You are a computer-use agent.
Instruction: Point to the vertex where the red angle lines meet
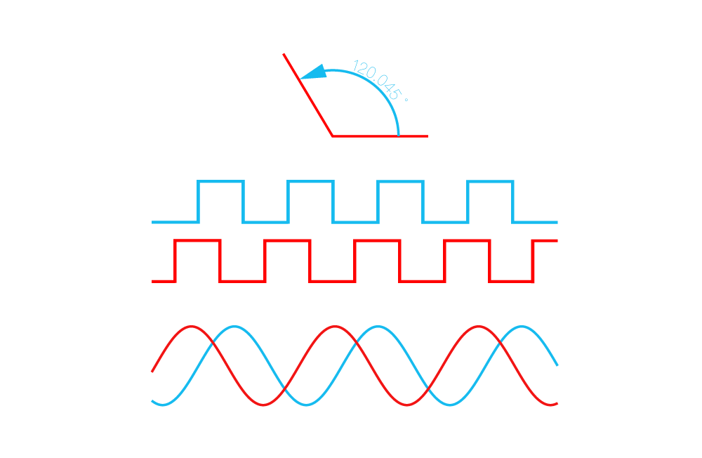(x=333, y=136)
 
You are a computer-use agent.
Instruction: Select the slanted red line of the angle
(x=308, y=95)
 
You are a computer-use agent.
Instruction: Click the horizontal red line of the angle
(x=380, y=136)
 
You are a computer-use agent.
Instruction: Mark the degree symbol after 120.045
(x=406, y=100)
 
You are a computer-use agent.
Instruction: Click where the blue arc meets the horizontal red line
(x=399, y=136)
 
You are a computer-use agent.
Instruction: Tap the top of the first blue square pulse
(x=220, y=181)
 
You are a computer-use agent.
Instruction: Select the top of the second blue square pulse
(x=310, y=181)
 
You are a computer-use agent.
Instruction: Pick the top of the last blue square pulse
(x=490, y=181)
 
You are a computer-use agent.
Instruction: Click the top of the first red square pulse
(x=197, y=240)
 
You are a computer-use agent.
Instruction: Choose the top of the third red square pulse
(x=377, y=241)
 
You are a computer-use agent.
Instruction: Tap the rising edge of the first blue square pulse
(x=198, y=202)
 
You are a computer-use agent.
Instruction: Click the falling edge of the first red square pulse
(x=220, y=261)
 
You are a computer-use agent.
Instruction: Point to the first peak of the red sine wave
(x=192, y=327)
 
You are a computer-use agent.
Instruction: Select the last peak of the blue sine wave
(x=521, y=327)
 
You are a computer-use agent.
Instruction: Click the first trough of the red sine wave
(x=263, y=405)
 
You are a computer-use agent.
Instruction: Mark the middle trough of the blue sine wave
(x=306, y=405)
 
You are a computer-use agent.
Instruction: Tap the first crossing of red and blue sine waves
(x=213, y=343)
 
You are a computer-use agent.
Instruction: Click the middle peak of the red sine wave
(x=335, y=327)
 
